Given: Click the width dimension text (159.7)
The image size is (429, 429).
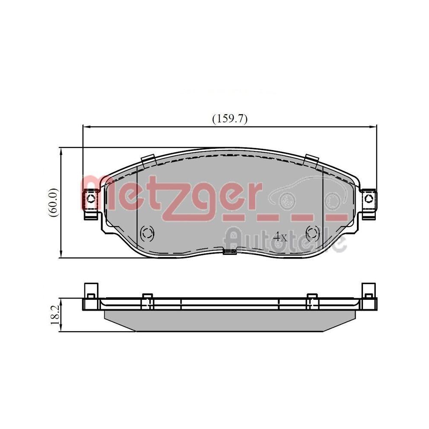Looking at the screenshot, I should click(230, 119).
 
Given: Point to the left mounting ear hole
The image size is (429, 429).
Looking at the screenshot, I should click(91, 199).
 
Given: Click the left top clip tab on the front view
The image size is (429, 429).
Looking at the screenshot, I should click(148, 159).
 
